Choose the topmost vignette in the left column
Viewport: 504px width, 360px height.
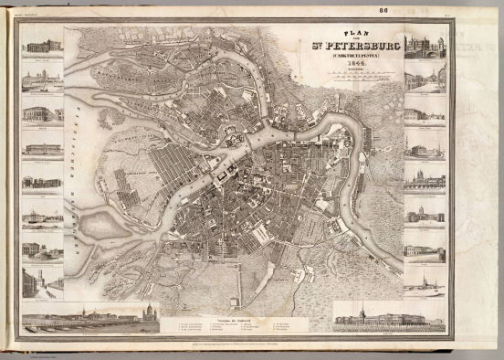pos(42,45)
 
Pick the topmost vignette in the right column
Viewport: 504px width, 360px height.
pos(425,46)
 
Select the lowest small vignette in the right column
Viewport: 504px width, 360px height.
pos(425,279)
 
